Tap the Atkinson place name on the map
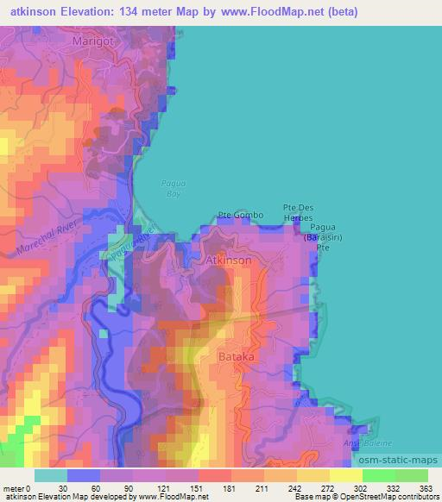tap(229, 260)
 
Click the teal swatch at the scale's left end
tap(51, 474)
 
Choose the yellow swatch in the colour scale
tap(345, 474)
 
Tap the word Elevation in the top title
tap(90, 11)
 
